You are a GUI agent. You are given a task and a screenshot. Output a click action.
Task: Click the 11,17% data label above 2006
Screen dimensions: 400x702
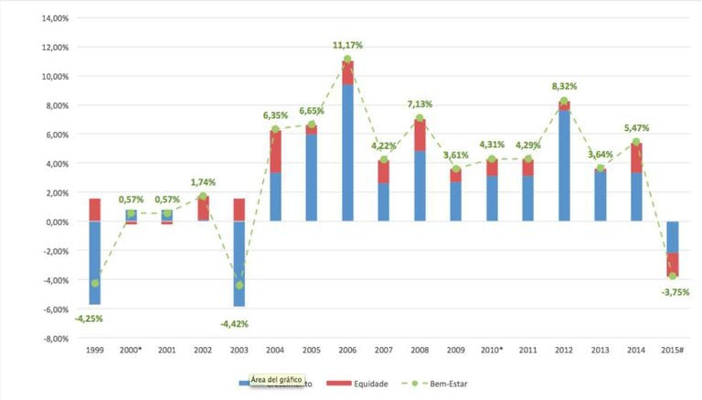pyautogui.click(x=348, y=45)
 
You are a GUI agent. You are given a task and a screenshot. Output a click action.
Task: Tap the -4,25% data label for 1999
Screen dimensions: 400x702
pyautogui.click(x=89, y=319)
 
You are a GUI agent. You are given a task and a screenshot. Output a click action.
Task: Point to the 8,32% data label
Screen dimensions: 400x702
pyautogui.click(x=564, y=87)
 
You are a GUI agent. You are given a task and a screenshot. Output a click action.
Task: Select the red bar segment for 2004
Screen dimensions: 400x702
pyautogui.click(x=276, y=151)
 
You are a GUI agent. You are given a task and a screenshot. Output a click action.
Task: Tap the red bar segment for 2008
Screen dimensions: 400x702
pyautogui.click(x=420, y=135)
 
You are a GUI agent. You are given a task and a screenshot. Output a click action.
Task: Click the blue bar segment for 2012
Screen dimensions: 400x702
pyautogui.click(x=564, y=166)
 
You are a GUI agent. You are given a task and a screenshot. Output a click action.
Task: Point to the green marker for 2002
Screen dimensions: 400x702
pyautogui.click(x=204, y=197)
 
